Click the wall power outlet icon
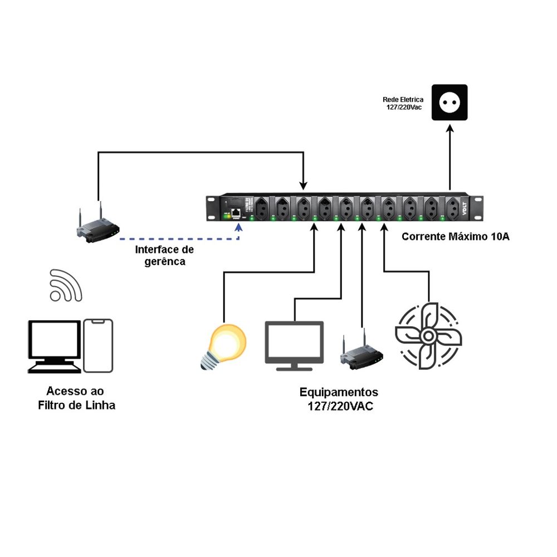pyautogui.click(x=450, y=102)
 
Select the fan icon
pyautogui.click(x=428, y=336)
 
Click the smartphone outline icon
pyautogui.click(x=99, y=345)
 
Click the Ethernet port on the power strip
pyautogui.click(x=236, y=212)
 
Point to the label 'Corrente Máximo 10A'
pyautogui.click(x=456, y=237)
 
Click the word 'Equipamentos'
pyautogui.click(x=339, y=392)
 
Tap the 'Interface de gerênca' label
pyautogui.click(x=164, y=255)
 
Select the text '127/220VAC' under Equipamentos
pyautogui.click(x=340, y=407)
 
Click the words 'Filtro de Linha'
pyautogui.click(x=77, y=405)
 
